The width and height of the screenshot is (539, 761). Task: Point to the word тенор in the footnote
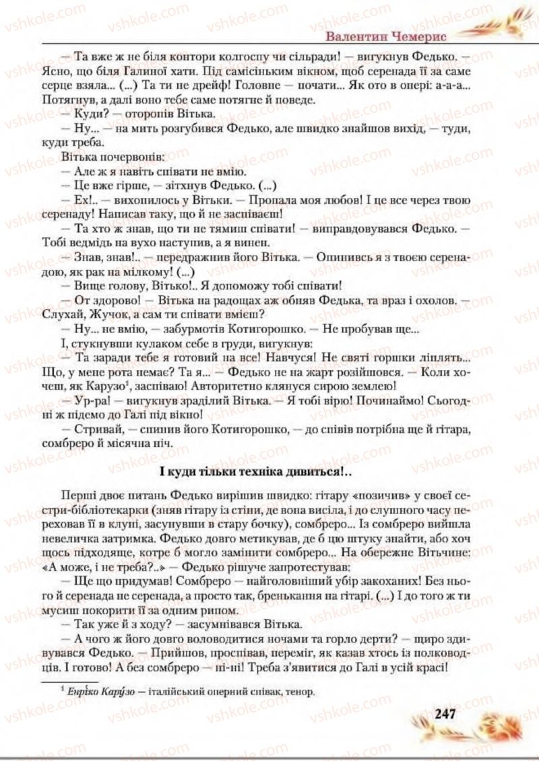(x=301, y=690)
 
